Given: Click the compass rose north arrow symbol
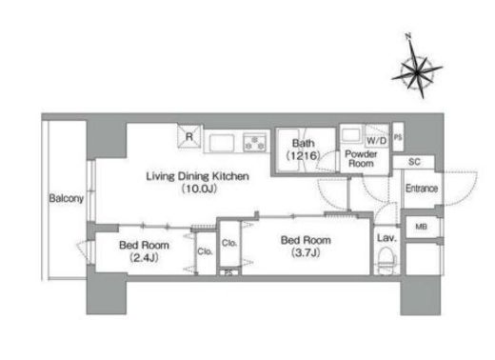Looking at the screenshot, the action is (x=417, y=67).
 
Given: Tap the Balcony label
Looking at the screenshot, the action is (x=66, y=198).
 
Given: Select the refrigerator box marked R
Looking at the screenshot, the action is (x=189, y=136).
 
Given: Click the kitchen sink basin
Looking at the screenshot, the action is (x=222, y=143).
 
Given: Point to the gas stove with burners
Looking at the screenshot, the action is (x=255, y=142).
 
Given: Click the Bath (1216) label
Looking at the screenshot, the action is (x=304, y=150).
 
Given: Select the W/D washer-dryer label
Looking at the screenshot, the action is (x=377, y=140).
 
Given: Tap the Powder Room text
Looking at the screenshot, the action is (x=361, y=159).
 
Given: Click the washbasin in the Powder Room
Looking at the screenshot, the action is (x=351, y=135).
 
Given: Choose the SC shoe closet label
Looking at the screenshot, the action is (x=414, y=162).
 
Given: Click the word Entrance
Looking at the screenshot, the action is (x=422, y=189).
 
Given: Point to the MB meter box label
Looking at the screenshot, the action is (x=421, y=227).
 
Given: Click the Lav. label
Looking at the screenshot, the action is (x=386, y=238).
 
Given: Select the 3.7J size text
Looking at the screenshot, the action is (x=306, y=252).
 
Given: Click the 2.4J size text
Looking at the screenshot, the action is (x=144, y=257).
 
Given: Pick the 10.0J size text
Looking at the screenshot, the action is (x=199, y=189).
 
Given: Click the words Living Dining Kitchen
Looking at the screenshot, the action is (x=197, y=176).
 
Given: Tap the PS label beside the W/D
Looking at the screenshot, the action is (x=398, y=137).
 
